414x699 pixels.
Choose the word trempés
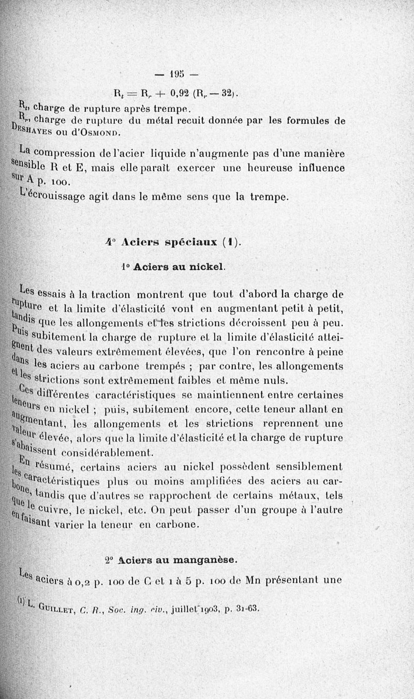point(198,367)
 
